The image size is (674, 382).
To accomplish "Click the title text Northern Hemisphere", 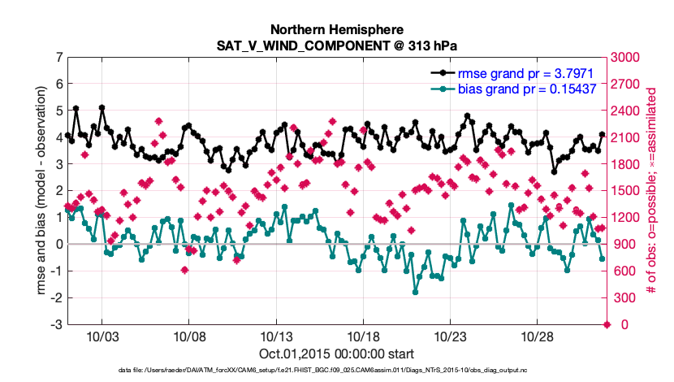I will [337, 28].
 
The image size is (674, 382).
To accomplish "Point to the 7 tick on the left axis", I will [58, 58].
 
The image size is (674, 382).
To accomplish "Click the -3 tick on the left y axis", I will [55, 324].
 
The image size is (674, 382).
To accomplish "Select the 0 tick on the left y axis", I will [58, 244].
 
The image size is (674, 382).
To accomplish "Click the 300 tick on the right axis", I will [624, 298].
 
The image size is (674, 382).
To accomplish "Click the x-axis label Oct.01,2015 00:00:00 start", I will [337, 354].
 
